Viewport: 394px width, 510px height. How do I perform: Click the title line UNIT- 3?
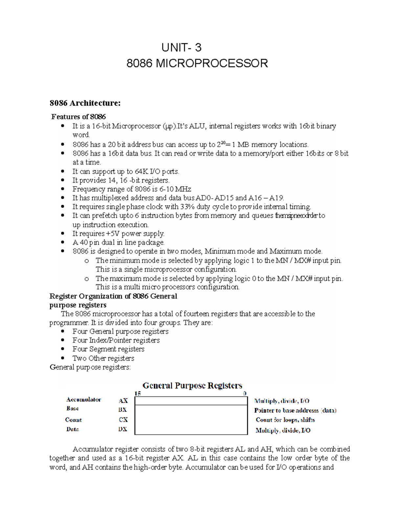tap(181, 48)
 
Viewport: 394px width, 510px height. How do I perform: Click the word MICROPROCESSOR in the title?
tap(211, 63)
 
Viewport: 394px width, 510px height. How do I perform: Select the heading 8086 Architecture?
tap(85, 103)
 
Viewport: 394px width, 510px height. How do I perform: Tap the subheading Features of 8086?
tap(79, 117)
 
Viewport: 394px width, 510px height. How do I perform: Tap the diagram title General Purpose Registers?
tap(192, 385)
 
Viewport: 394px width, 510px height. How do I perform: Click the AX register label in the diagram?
tap(123, 401)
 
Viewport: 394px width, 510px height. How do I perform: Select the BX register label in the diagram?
tap(122, 410)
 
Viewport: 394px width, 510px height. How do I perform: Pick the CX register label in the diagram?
tap(123, 420)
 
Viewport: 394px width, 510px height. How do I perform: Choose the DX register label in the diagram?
tap(122, 429)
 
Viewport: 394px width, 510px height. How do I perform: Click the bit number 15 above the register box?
tap(138, 393)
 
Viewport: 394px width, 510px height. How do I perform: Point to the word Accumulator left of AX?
tap(83, 400)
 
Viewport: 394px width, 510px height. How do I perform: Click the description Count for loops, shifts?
tap(285, 420)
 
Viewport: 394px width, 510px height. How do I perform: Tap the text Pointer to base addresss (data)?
tap(295, 410)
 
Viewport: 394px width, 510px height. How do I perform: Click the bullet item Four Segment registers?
tap(108, 349)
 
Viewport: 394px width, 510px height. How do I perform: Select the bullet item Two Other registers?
tap(103, 358)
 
